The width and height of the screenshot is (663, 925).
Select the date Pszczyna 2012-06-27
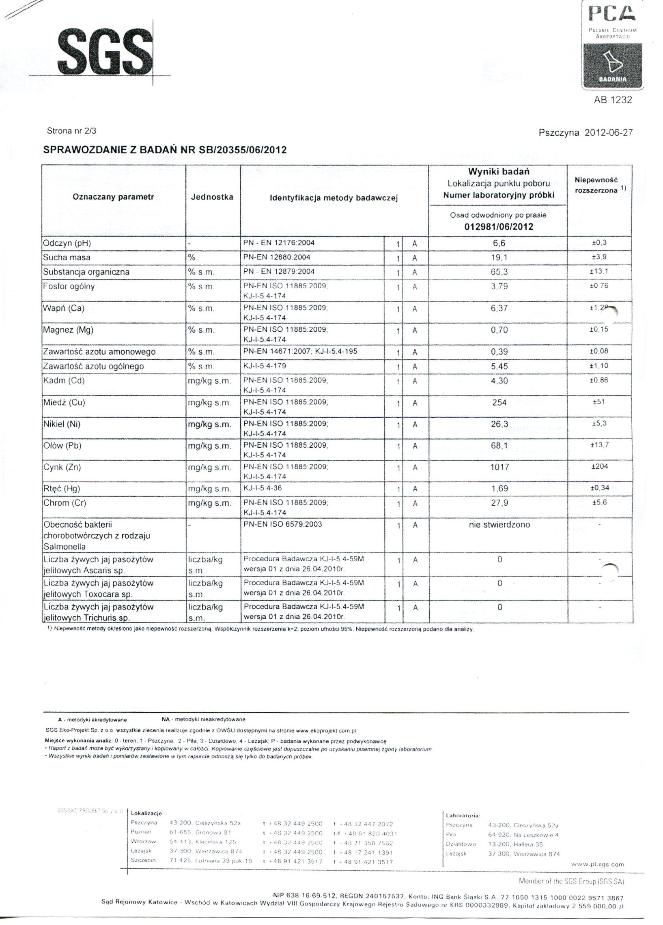coord(585,133)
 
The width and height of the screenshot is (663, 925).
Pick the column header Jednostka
coord(212,197)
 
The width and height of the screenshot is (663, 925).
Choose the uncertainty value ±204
coord(600,467)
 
